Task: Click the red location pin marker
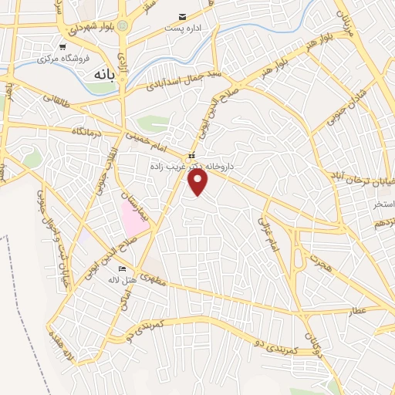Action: click(198, 181)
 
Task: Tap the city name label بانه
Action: click(103, 76)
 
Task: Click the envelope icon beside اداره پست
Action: click(183, 16)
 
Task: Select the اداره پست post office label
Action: click(182, 28)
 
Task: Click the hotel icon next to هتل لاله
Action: click(123, 268)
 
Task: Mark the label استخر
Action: click(383, 204)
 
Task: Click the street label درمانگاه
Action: click(87, 132)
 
